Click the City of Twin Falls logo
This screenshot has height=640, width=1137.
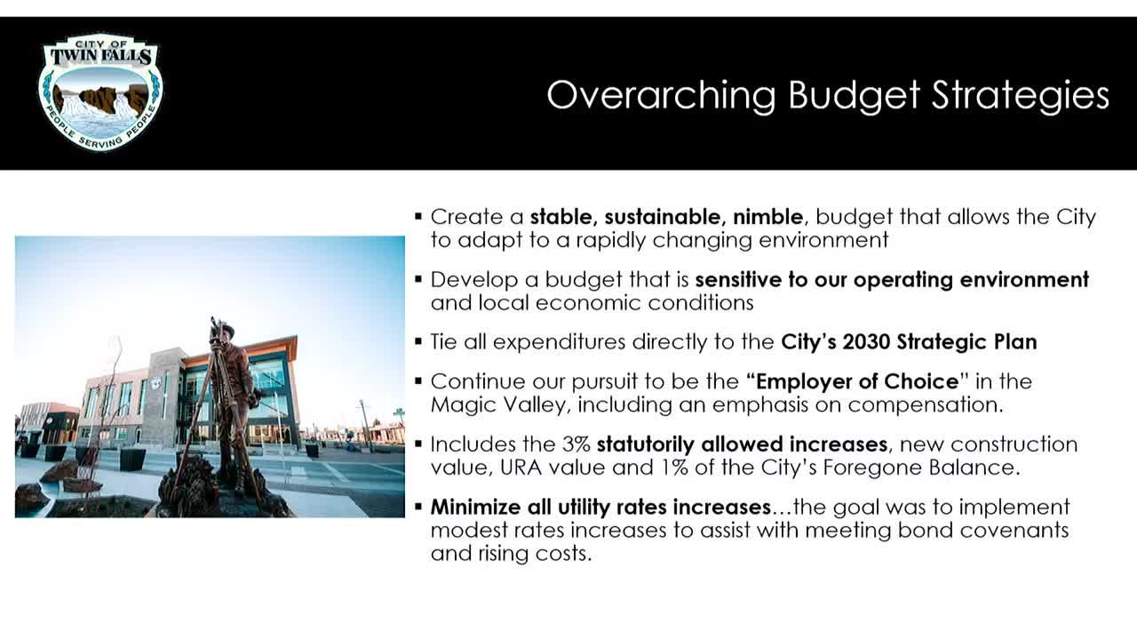[x=99, y=92]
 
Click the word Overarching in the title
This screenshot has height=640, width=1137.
[x=661, y=94]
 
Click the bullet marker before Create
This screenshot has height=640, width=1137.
[x=418, y=217]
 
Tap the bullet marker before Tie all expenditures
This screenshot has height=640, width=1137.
[x=418, y=341]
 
